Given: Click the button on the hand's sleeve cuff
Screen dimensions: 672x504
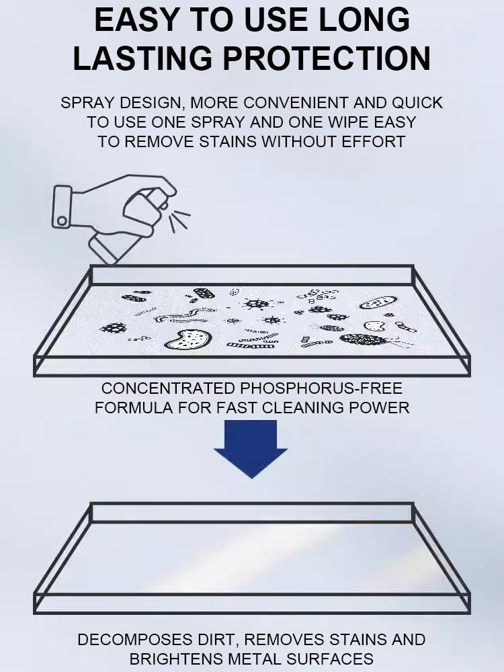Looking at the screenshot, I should [62, 220].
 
